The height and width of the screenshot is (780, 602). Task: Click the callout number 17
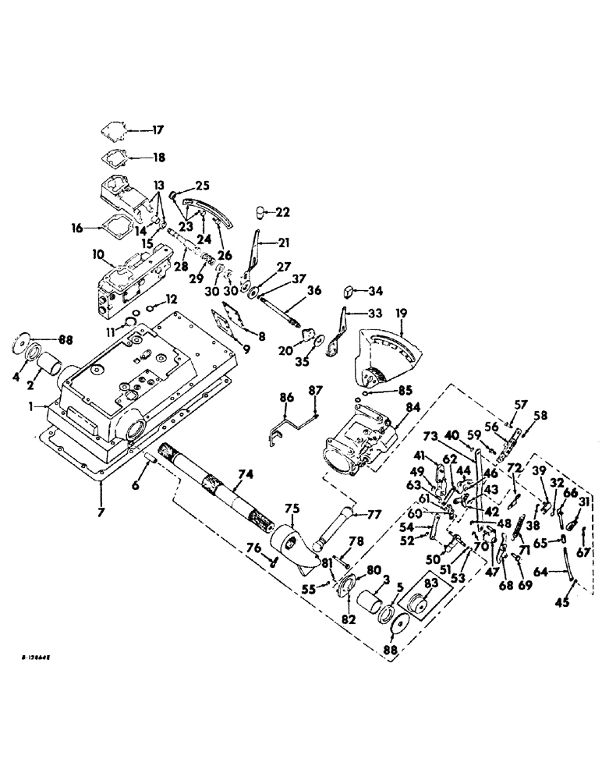pos(158,130)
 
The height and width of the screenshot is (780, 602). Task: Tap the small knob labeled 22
pos(263,213)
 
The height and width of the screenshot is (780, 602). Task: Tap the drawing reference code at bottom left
pos(43,660)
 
